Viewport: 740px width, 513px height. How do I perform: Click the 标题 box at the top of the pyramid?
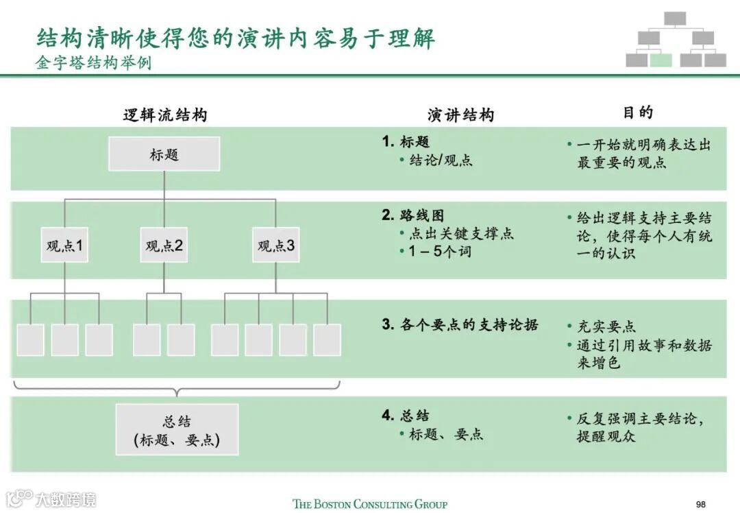coord(164,154)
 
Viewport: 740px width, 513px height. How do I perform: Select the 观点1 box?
coord(65,246)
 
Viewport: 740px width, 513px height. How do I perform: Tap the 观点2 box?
coord(164,246)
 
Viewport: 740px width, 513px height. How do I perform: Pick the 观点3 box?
coord(276,246)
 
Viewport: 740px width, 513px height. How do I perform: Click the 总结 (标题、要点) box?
coord(177,430)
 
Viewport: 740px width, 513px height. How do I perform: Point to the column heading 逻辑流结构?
coord(164,115)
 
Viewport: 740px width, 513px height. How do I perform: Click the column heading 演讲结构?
coord(460,115)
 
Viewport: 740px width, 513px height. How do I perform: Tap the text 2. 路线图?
coord(413,215)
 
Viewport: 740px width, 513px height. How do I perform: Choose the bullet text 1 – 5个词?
coord(441,252)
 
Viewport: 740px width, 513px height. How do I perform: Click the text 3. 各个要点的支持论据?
coord(460,324)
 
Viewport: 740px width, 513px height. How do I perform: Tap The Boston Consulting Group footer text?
coord(370,504)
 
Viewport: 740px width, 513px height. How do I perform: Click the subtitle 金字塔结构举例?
coord(93,63)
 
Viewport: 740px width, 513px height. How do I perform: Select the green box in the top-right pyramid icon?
coord(661,60)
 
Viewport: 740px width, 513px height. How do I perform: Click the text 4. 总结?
coord(406,416)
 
